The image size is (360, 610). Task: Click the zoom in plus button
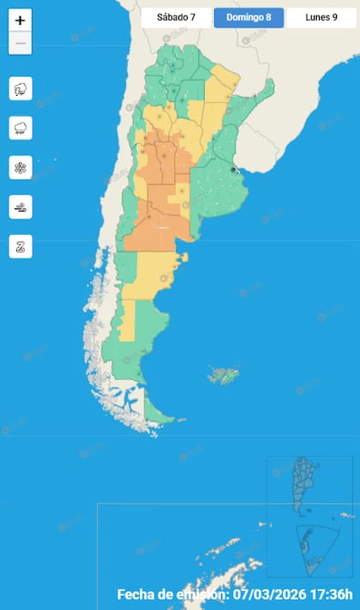(21, 21)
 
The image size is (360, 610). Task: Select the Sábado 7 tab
(175, 17)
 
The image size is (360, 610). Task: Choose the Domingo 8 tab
(249, 17)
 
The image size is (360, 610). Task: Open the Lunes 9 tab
(321, 17)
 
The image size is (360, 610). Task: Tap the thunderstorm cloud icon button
(21, 88)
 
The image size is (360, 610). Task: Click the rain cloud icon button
(21, 128)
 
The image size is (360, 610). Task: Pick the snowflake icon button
(21, 167)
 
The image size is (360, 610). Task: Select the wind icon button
(21, 206)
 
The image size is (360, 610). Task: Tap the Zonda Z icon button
(21, 246)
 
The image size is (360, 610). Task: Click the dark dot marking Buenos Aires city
(234, 170)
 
